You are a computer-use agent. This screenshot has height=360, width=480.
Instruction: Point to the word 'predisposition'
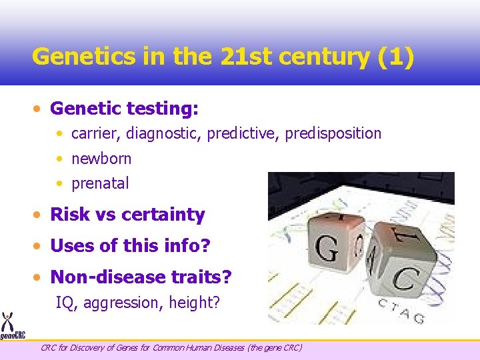tap(333, 133)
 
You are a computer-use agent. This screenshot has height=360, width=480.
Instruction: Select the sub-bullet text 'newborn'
tap(101, 159)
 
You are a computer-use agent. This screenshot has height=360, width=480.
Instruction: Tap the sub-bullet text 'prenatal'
tap(100, 183)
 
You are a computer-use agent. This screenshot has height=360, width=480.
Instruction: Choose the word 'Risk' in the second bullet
tap(69, 215)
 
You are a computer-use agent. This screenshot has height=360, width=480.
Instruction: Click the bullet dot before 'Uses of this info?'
tap(41, 246)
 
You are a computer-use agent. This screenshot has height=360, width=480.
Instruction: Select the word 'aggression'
tap(122, 303)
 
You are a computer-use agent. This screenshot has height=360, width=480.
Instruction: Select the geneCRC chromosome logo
tap(8, 325)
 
